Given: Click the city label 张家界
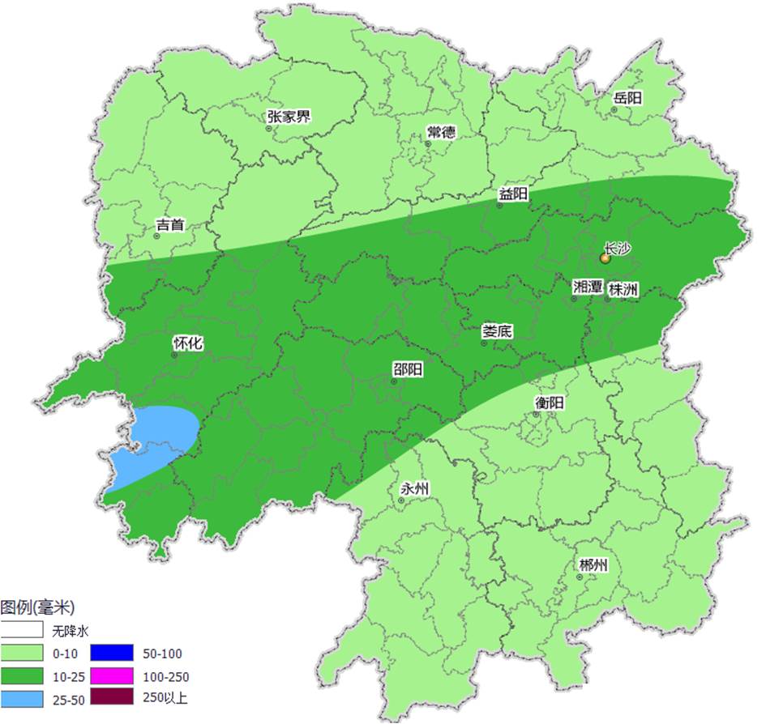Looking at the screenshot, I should pos(289,117).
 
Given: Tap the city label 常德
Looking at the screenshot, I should pos(441,133).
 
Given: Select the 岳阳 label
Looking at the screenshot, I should pos(627,98).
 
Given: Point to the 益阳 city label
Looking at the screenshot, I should pos(513,194).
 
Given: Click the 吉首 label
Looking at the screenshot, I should pos(169,225).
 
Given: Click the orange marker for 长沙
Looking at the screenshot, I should pos(605,258).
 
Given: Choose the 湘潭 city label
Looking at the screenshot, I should pos(588,287).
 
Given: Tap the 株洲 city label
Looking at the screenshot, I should pos(623,288).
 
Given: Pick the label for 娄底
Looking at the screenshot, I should pos(497,331).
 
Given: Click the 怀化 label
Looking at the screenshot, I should pos(188,343).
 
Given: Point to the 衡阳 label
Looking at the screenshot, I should pos(550,402).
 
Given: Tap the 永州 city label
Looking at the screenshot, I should pos(415,489).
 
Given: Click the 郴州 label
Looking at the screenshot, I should pos(593,565).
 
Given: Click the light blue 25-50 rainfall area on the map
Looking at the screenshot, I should pos(158,441).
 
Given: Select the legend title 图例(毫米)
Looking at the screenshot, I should pos(37,607).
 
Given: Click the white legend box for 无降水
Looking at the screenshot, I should pos(22,630).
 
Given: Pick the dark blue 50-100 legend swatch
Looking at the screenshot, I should pos(111,653).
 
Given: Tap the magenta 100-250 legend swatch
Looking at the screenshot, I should pos(111,675).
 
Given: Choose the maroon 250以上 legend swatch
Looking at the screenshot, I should pos(111,697).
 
